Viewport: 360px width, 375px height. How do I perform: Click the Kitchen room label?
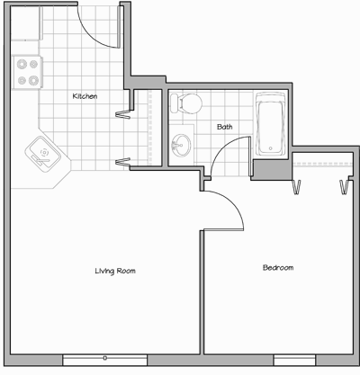point(85,96)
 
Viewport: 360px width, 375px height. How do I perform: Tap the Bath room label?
point(224,127)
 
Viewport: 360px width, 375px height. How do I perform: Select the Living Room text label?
point(115,271)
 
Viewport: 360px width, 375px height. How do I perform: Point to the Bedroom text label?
point(278,267)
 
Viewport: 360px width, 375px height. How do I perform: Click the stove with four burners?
point(27,72)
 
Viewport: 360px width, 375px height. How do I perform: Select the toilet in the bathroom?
point(185,103)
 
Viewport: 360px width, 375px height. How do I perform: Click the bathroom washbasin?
point(181,145)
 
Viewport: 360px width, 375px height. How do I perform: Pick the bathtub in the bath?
point(270,123)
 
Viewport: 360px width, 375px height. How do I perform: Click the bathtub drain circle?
point(270,148)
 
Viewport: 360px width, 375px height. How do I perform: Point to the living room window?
point(105,360)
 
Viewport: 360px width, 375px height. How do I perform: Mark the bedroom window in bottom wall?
point(295,360)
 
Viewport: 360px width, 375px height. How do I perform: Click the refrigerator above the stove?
point(26,23)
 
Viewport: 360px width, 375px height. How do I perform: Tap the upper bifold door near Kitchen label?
point(123,114)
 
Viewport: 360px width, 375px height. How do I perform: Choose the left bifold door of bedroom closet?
point(296,187)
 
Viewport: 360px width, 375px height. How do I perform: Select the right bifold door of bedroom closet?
point(344,187)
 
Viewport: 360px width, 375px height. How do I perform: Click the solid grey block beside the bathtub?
point(272,169)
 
